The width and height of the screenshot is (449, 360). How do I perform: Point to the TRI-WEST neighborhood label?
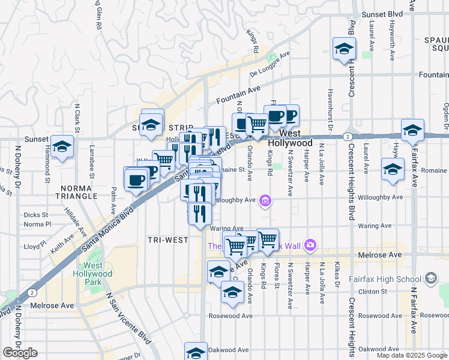click(x=167, y=240)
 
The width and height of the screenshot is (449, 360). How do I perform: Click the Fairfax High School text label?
click(x=388, y=279)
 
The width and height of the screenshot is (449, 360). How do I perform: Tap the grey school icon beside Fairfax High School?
click(x=430, y=278)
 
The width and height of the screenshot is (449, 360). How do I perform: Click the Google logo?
click(x=20, y=353)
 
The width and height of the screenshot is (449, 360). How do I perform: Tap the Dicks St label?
click(x=36, y=215)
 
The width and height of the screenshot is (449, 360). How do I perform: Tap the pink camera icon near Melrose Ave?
click(x=310, y=244)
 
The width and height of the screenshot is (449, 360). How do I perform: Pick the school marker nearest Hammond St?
click(x=62, y=146)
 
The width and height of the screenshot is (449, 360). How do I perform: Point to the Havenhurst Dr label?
click(x=330, y=109)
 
